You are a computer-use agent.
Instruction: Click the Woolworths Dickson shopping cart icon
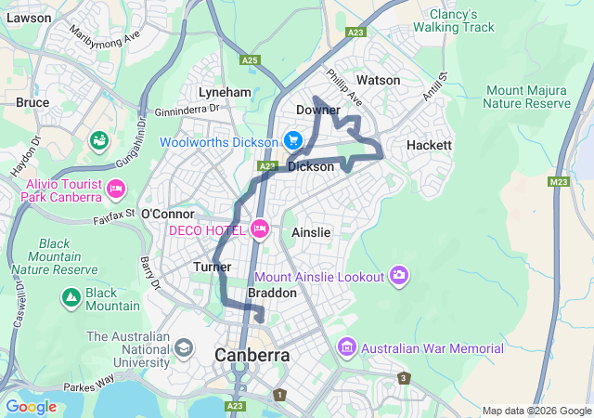click(x=293, y=141)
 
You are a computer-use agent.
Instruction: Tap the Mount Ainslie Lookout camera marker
click(x=399, y=275)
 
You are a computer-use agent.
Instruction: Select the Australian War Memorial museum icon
click(x=346, y=348)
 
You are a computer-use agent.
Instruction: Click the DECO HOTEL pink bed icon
click(x=260, y=229)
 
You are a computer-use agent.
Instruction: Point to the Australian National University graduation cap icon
click(x=184, y=348)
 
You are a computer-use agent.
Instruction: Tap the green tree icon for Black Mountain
click(x=71, y=297)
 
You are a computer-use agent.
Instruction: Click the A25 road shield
click(x=249, y=60)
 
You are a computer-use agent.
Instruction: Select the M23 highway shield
click(x=559, y=182)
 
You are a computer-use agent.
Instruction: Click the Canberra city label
click(x=252, y=355)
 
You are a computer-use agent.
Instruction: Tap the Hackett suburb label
click(x=429, y=146)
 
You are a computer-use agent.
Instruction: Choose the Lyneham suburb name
click(x=225, y=93)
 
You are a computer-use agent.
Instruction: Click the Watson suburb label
click(x=378, y=81)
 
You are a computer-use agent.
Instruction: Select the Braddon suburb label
click(x=272, y=293)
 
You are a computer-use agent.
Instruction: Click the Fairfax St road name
click(x=114, y=216)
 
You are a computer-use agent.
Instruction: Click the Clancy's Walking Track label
click(x=462, y=20)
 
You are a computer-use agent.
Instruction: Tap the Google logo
click(x=31, y=406)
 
